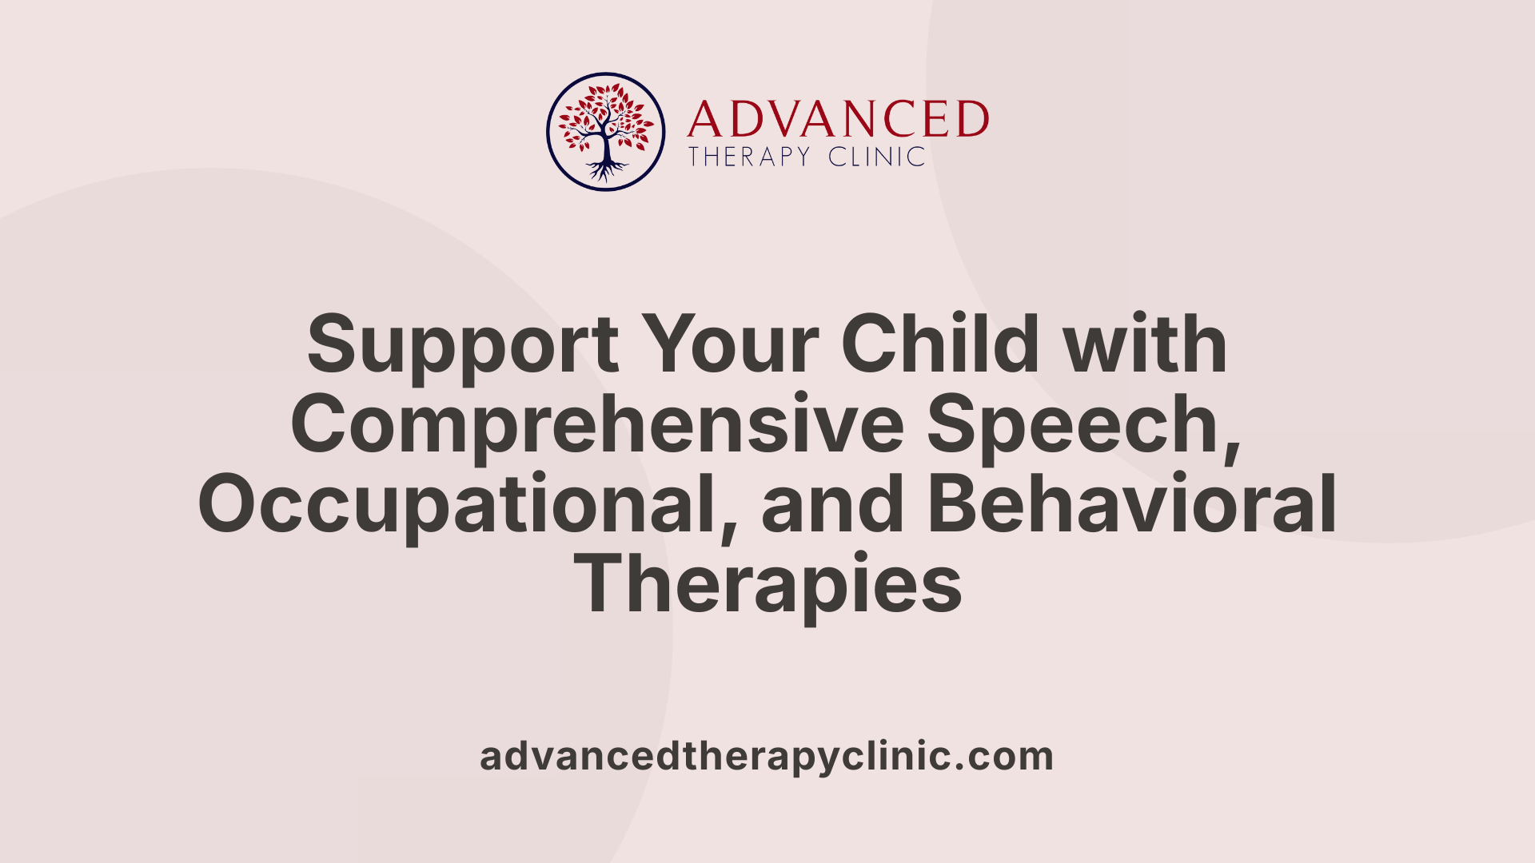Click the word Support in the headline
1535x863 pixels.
pyautogui.click(x=462, y=345)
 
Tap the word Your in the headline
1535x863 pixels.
pyautogui.click(x=730, y=345)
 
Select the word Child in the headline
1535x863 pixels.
pyautogui.click(x=939, y=345)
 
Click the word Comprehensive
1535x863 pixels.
pyautogui.click(x=596, y=425)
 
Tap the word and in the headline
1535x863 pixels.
pyautogui.click(x=832, y=505)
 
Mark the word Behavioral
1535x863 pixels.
pyautogui.click(x=1131, y=505)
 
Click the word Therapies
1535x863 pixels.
pyautogui.click(x=767, y=585)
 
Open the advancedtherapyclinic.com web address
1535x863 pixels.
pyautogui.click(x=767, y=757)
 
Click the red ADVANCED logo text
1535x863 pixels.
pyautogui.click(x=837, y=120)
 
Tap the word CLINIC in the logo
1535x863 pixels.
pyautogui.click(x=876, y=157)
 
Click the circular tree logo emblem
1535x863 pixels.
pyautogui.click(x=605, y=132)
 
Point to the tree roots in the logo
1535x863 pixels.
pyautogui.click(x=606, y=169)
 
